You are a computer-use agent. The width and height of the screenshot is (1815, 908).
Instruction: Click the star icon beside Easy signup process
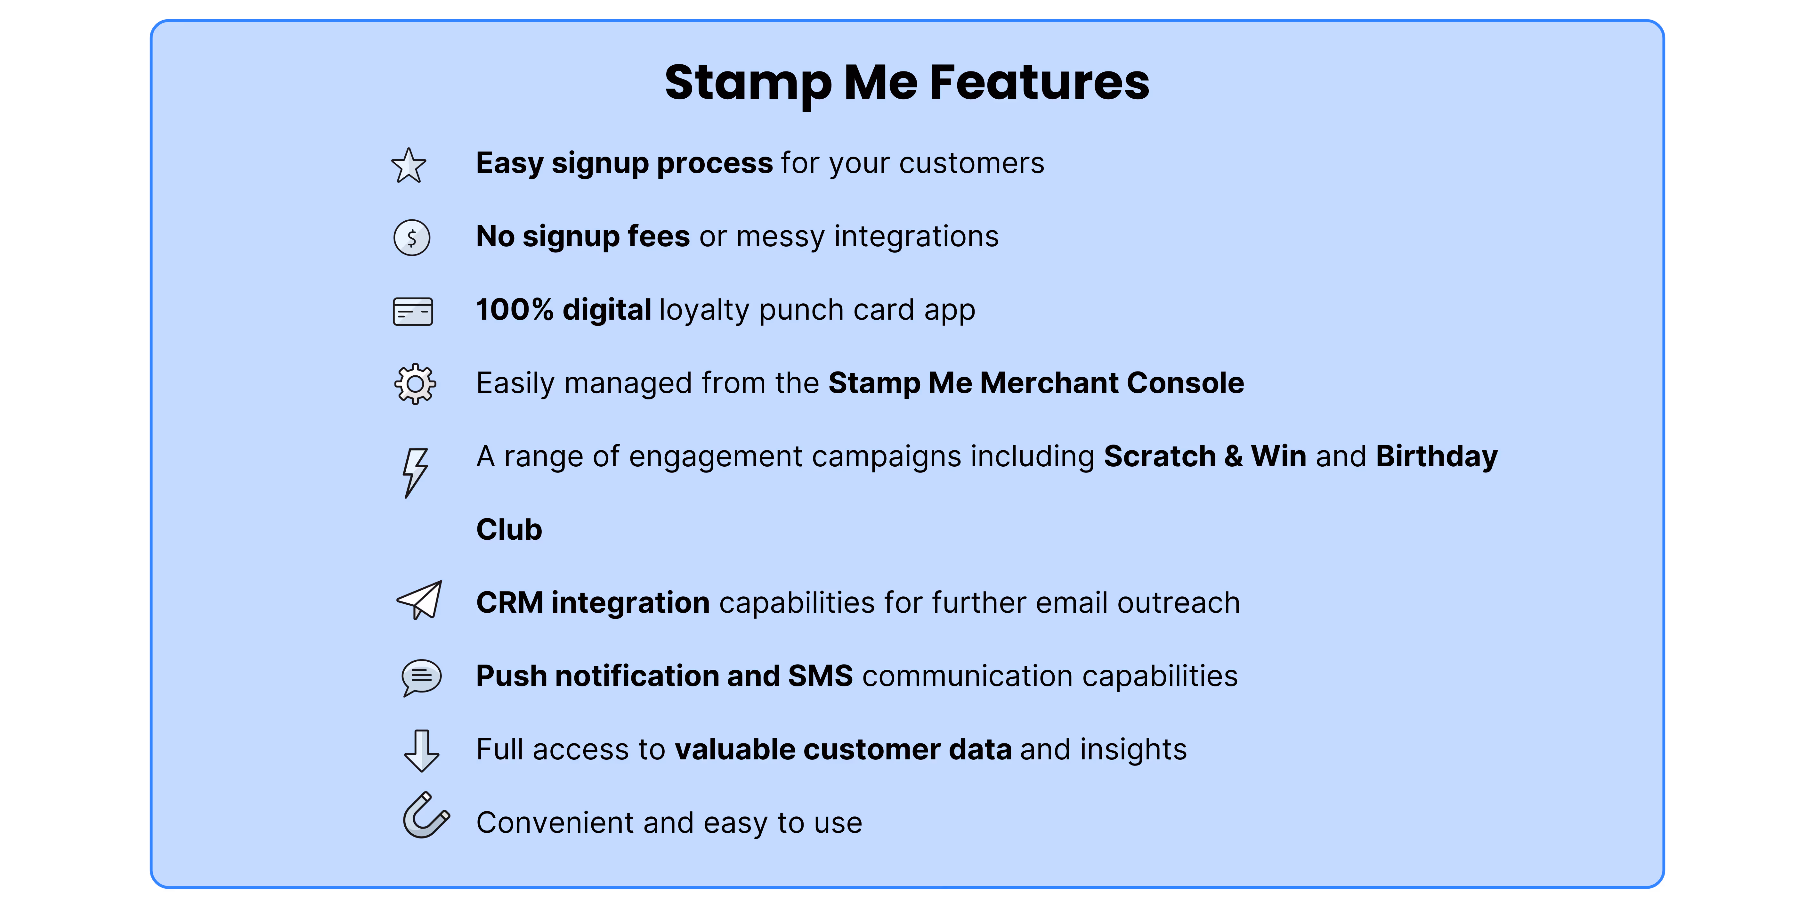[x=409, y=166]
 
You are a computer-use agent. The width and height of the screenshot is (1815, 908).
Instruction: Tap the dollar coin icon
[x=411, y=238]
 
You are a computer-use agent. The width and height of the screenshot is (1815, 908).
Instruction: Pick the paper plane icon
[x=420, y=601]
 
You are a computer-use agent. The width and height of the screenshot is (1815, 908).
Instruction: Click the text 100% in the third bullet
[x=515, y=310]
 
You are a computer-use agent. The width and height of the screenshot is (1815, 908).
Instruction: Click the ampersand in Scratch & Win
[x=1233, y=457]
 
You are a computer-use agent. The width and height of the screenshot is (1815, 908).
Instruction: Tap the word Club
[x=509, y=530]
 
